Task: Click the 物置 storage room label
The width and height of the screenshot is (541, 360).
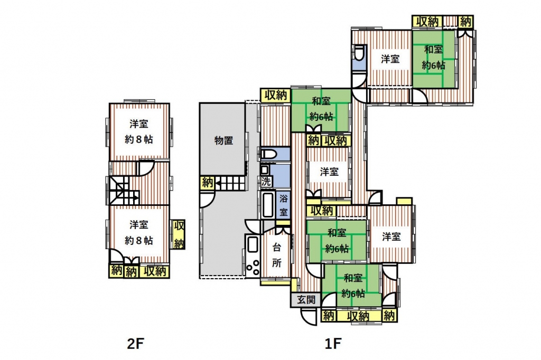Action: pos(223,140)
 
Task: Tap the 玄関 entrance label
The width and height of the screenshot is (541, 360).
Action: pos(306,300)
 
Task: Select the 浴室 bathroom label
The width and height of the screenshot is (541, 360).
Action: pos(283,205)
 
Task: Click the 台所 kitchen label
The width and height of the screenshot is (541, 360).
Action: pos(276,255)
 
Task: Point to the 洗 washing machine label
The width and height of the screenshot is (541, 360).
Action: pos(266,182)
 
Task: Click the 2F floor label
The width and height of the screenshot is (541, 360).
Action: pos(135,344)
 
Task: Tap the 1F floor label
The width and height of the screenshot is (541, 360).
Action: pos(333,344)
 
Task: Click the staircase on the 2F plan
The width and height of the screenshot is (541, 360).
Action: pos(124,191)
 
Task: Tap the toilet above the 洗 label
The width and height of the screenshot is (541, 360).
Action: pos(268,154)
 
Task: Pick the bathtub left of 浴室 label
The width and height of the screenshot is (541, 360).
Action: pos(268,205)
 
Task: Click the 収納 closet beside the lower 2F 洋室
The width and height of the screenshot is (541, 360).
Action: pos(179,234)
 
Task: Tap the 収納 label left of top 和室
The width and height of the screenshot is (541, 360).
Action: pos(275,95)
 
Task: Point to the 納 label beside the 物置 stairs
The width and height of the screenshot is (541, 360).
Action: pos(207,182)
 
